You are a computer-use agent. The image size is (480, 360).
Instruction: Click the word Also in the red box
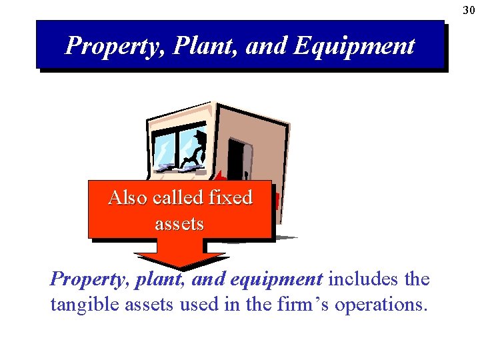coord(128,198)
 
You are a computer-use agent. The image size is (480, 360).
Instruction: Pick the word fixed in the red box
coord(231,198)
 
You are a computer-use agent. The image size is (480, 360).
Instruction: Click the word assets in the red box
coord(179,224)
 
